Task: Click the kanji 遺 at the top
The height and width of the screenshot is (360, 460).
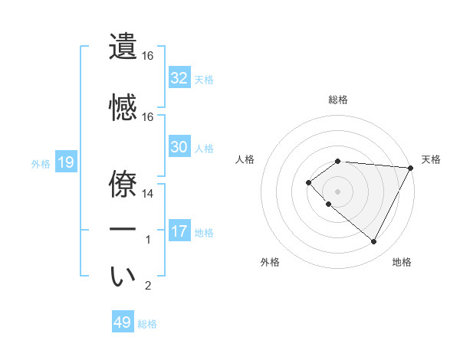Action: pyautogui.click(x=123, y=46)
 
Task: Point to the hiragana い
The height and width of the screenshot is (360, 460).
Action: pyautogui.click(x=123, y=277)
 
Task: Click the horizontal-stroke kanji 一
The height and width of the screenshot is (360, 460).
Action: pyautogui.click(x=123, y=230)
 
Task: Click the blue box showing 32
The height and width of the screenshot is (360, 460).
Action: pyautogui.click(x=179, y=78)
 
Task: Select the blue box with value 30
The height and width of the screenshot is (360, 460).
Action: pyautogui.click(x=179, y=147)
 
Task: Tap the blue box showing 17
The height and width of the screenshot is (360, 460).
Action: pyautogui.click(x=179, y=231)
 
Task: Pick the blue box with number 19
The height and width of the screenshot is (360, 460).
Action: pyautogui.click(x=66, y=162)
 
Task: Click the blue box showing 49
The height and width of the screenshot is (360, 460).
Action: pyautogui.click(x=122, y=322)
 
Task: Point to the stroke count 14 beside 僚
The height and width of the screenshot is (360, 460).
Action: pyautogui.click(x=147, y=195)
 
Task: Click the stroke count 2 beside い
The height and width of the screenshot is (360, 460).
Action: pyautogui.click(x=149, y=286)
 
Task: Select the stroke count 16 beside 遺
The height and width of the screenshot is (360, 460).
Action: pyautogui.click(x=147, y=56)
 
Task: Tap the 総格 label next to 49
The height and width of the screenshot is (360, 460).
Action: pyautogui.click(x=147, y=324)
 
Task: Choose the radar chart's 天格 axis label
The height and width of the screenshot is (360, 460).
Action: pyautogui.click(x=431, y=159)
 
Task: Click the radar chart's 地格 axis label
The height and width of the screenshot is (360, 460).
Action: pyautogui.click(x=402, y=262)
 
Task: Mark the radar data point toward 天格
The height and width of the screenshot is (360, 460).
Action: pyautogui.click(x=412, y=167)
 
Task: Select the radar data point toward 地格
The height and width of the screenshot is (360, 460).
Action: pyautogui.click(x=373, y=242)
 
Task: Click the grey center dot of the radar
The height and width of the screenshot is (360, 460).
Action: pyautogui.click(x=337, y=191)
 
